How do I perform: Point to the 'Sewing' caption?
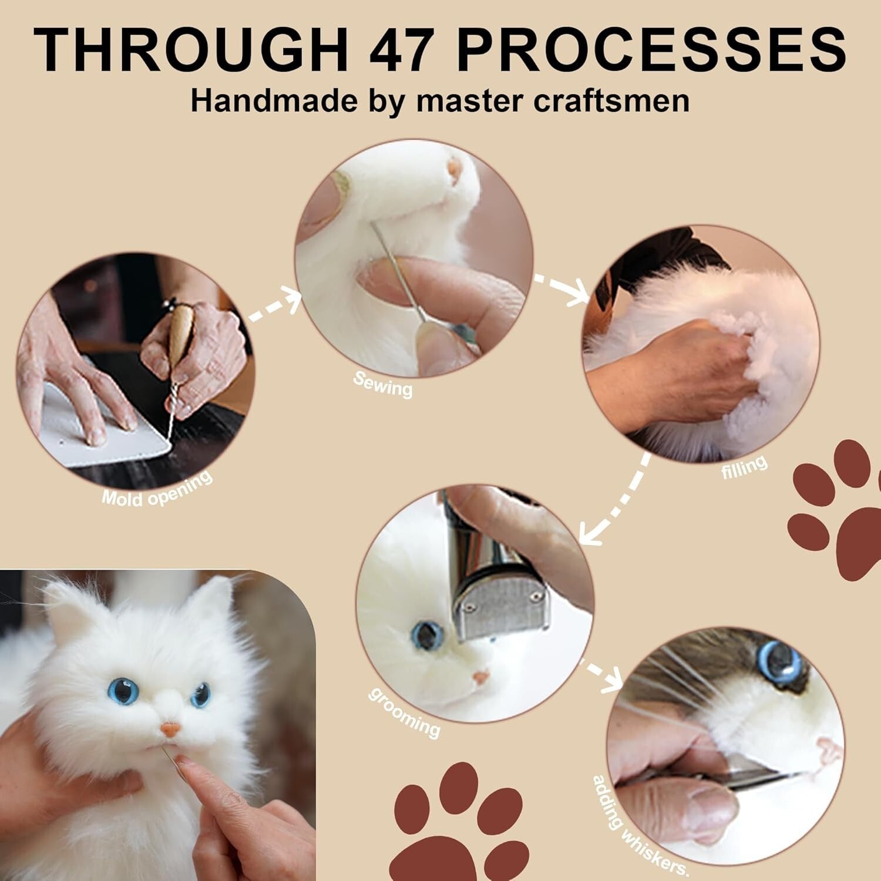[383, 384]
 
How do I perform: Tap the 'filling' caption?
[744, 468]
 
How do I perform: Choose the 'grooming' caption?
[404, 712]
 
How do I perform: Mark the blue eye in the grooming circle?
[427, 634]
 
